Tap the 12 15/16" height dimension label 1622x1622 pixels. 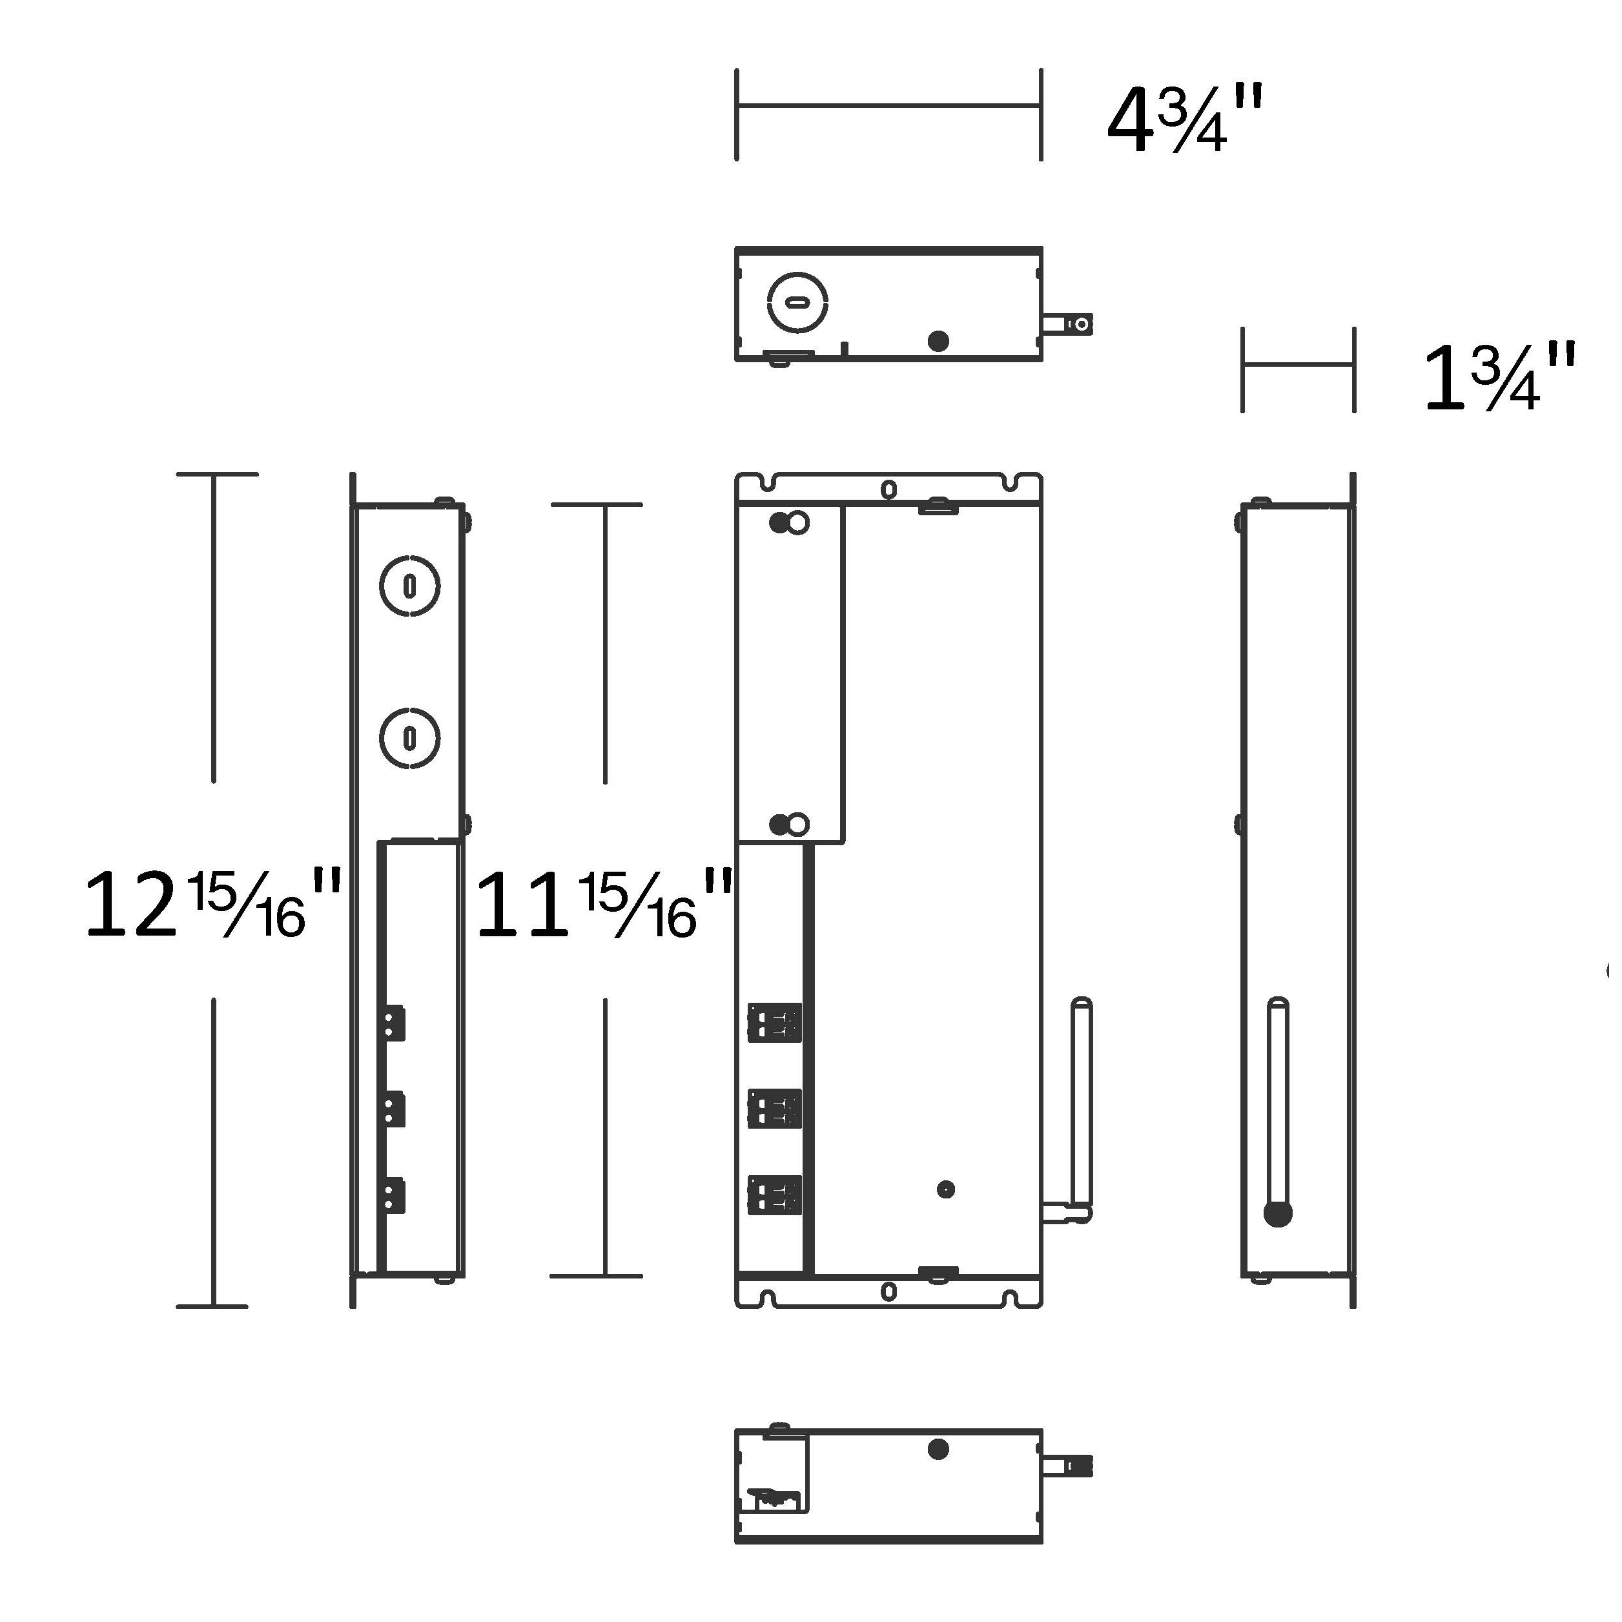(x=214, y=903)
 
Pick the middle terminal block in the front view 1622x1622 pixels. (x=774, y=1108)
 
